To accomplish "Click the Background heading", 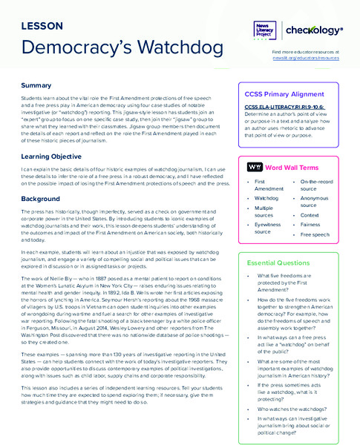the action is click(x=41, y=200).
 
